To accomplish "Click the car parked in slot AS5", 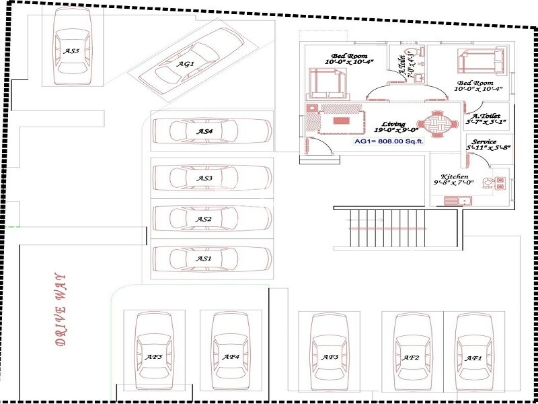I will pos(72,50).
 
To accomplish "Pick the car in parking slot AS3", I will pos(211,178).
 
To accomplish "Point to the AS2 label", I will pos(204,219).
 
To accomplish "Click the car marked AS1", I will pos(211,258).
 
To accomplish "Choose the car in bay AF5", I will pos(155,356).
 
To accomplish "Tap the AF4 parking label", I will pos(231,356).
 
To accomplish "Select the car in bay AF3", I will pos(329,356).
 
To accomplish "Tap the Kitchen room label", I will pos(455,176).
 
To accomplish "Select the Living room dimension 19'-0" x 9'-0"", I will pos(396,130).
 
